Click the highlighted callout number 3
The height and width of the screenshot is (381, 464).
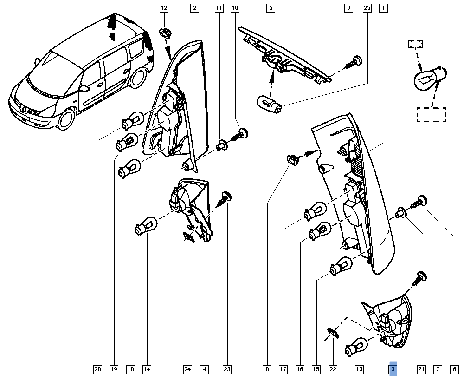click(393, 369)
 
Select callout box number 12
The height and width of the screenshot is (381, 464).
click(163, 7)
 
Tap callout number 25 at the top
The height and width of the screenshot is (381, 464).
click(367, 7)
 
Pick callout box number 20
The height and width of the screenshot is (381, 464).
click(97, 369)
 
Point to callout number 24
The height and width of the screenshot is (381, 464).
click(187, 369)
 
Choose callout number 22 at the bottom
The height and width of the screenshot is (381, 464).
click(333, 369)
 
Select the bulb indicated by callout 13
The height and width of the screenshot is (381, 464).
click(356, 346)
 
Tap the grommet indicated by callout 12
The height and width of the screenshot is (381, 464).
click(165, 33)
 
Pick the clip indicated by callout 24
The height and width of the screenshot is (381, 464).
click(187, 237)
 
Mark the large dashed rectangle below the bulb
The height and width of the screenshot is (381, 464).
click(431, 115)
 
